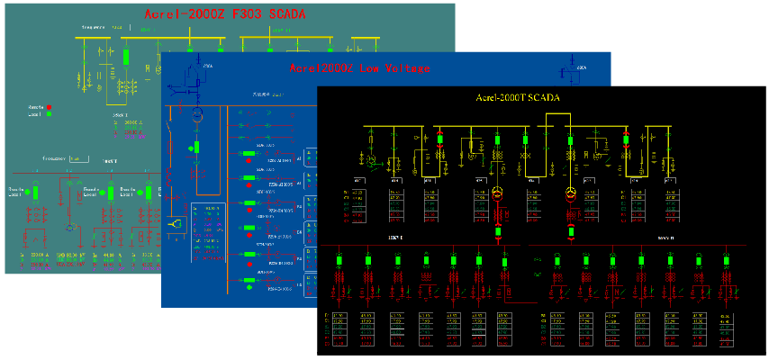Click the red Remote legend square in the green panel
(x=49, y=105)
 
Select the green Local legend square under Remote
(x=49, y=114)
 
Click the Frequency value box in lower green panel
(x=78, y=159)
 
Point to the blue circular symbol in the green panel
(x=68, y=229)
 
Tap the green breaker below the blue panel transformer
(x=195, y=147)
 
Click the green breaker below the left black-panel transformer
(x=496, y=230)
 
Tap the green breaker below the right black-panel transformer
(x=569, y=230)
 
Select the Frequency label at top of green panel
(x=94, y=28)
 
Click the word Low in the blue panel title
(x=358, y=67)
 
